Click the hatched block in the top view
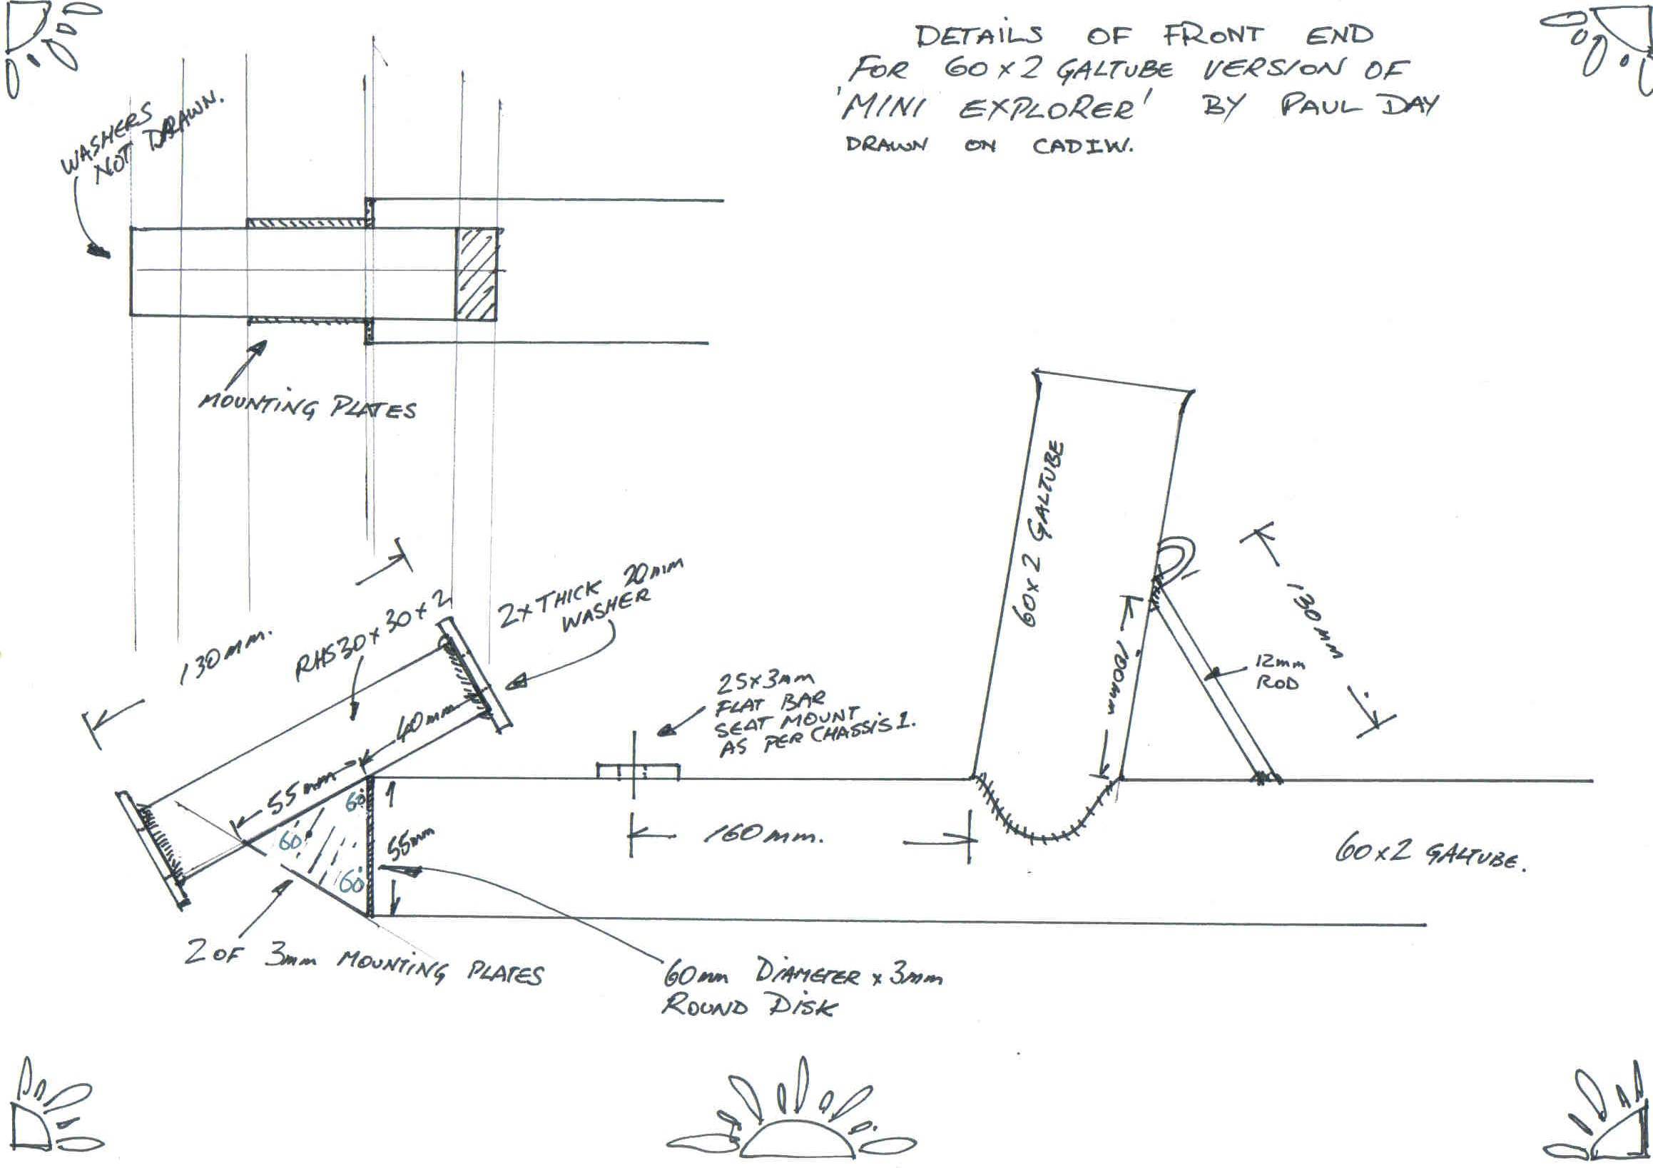pos(475,275)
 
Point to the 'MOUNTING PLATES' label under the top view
pos(307,406)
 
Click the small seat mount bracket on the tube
pos(638,771)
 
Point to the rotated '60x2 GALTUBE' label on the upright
pos(1041,533)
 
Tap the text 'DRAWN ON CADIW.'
pos(989,145)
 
